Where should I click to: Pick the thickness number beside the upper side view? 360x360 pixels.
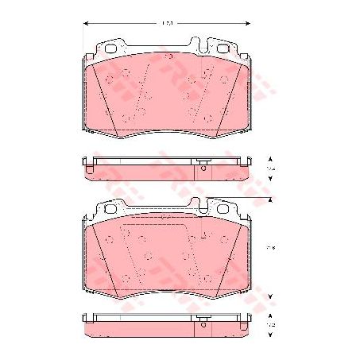[x=270, y=170]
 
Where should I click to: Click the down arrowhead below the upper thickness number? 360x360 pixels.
[x=270, y=182]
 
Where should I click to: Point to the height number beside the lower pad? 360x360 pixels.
[x=270, y=248]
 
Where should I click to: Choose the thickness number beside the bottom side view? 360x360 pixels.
[x=270, y=325]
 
